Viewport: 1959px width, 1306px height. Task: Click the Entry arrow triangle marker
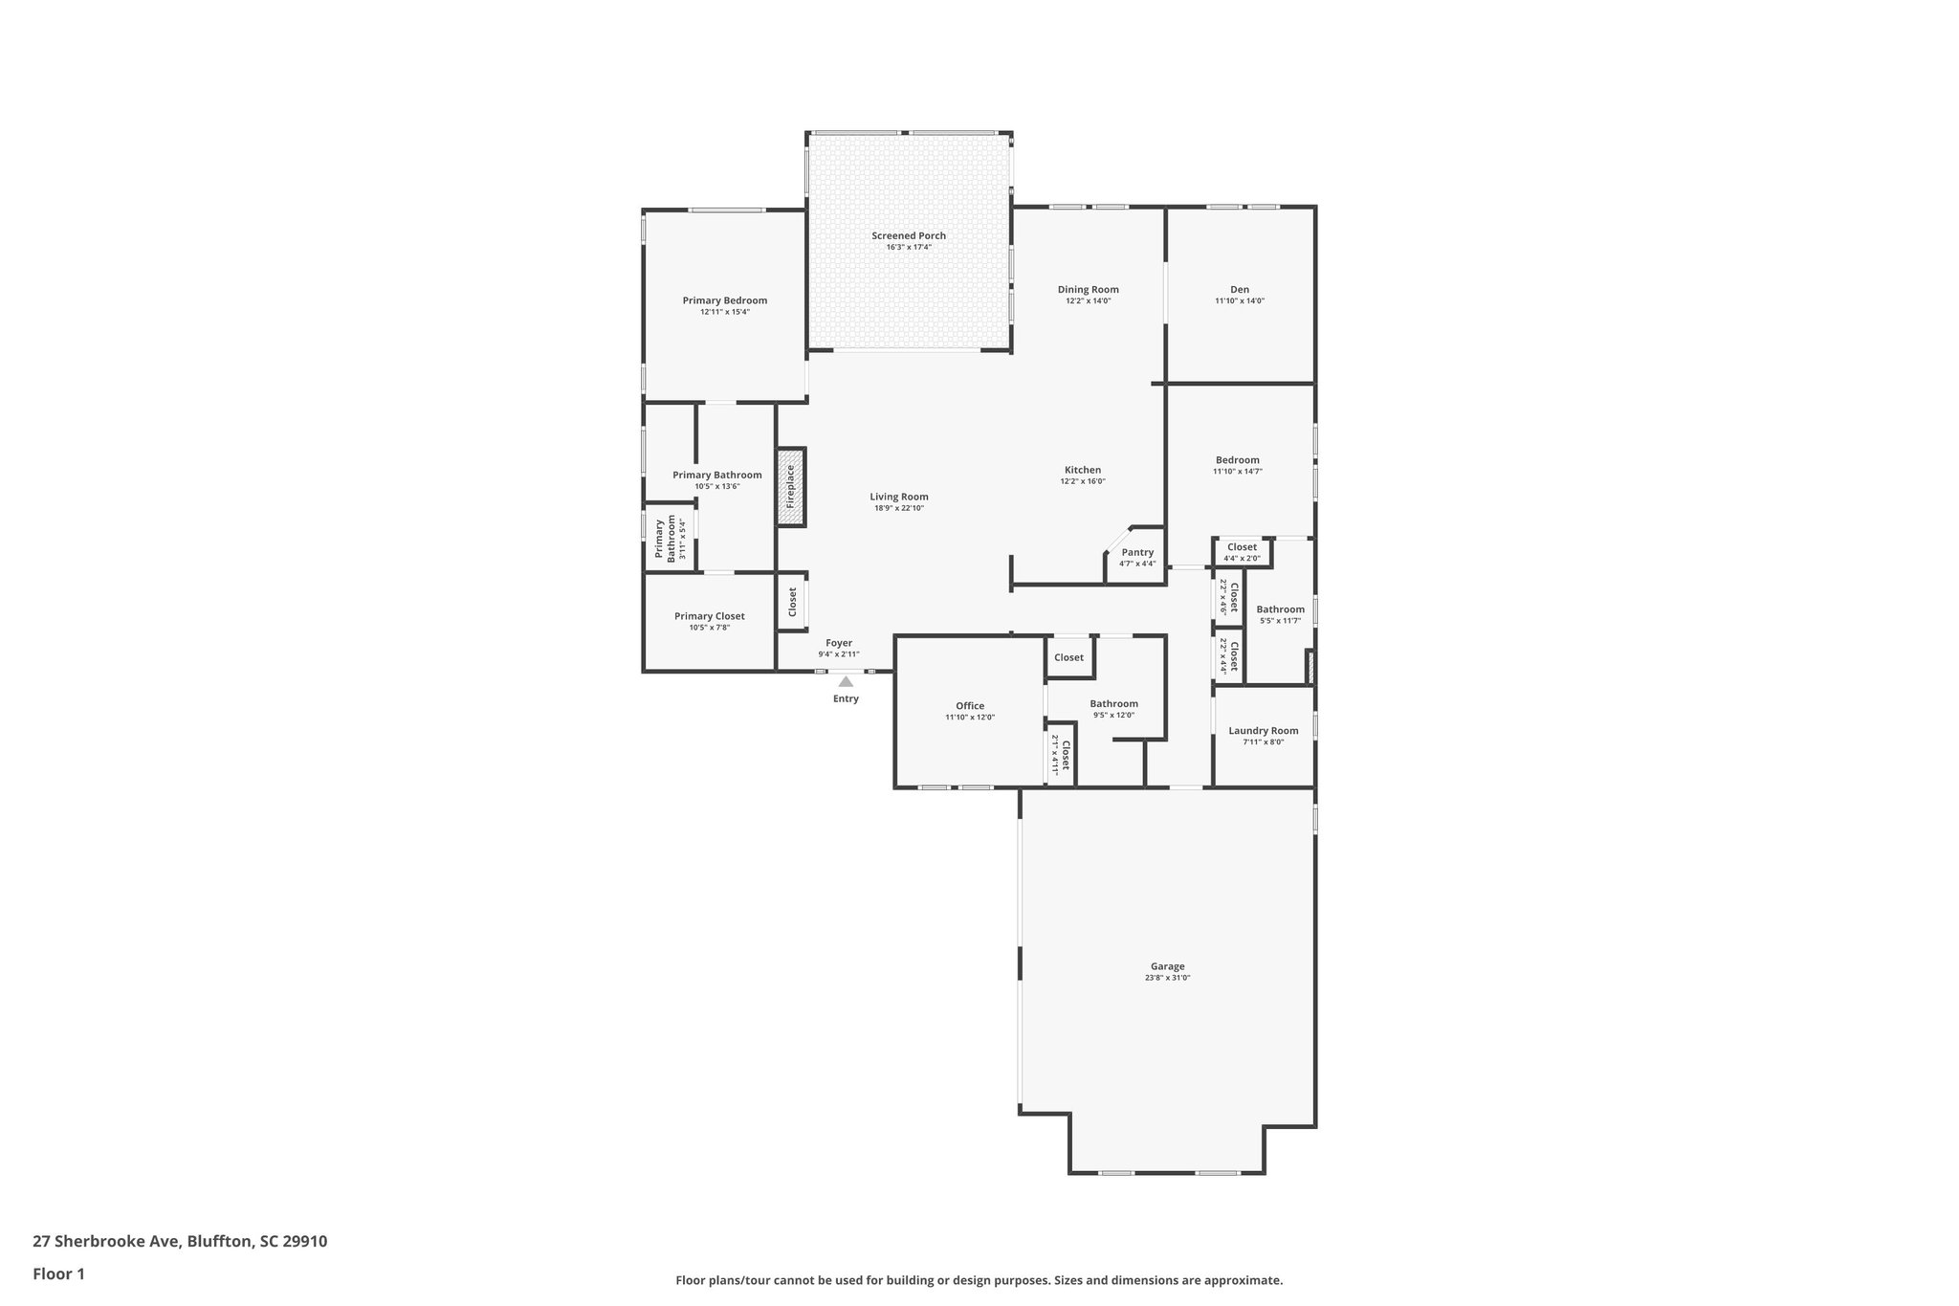pos(846,681)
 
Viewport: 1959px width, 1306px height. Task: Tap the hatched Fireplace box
pos(790,486)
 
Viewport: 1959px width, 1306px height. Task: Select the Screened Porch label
pos(908,236)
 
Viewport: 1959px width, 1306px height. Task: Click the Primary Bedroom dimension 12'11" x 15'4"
pos(724,312)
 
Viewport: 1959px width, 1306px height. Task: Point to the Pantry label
pos(1137,552)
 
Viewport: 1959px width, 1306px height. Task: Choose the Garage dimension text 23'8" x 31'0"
pos(1167,978)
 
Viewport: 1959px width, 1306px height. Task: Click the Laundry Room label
pos(1263,731)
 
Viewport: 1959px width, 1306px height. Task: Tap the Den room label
pos(1239,290)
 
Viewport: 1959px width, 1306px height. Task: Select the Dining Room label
pos(1088,290)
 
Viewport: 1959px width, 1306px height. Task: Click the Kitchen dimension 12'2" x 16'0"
pos(1082,481)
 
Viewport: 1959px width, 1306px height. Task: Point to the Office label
pos(969,706)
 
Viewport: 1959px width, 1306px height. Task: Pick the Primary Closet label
pos(709,616)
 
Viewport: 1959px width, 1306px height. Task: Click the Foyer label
pos(838,643)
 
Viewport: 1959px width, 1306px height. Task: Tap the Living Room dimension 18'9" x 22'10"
pos(898,508)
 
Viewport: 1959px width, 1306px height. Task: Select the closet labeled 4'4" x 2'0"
pos(1242,552)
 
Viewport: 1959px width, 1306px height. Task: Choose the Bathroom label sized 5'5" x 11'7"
pos(1280,609)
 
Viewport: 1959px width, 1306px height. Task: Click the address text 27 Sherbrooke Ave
pos(105,1242)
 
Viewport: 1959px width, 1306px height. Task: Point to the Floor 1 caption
pos(58,1273)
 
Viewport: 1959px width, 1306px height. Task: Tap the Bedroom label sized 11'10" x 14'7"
pos(1237,460)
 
